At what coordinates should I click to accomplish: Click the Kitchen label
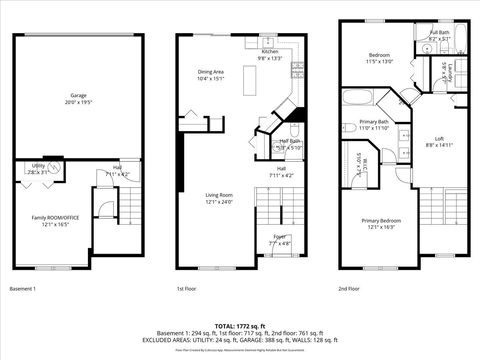pos(269,52)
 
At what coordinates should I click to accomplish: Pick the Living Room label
pos(219,195)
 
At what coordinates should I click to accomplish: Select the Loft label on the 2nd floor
pos(439,138)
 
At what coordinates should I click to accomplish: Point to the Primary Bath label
pos(374,122)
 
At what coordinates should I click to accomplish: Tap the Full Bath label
pos(440,31)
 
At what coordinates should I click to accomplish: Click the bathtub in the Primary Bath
pos(357,99)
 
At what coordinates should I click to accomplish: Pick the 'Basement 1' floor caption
pos(23,288)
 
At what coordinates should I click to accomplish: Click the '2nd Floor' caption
pos(349,288)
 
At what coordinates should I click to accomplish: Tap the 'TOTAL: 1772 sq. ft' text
pos(240,327)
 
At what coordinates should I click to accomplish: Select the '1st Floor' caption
pos(186,288)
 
